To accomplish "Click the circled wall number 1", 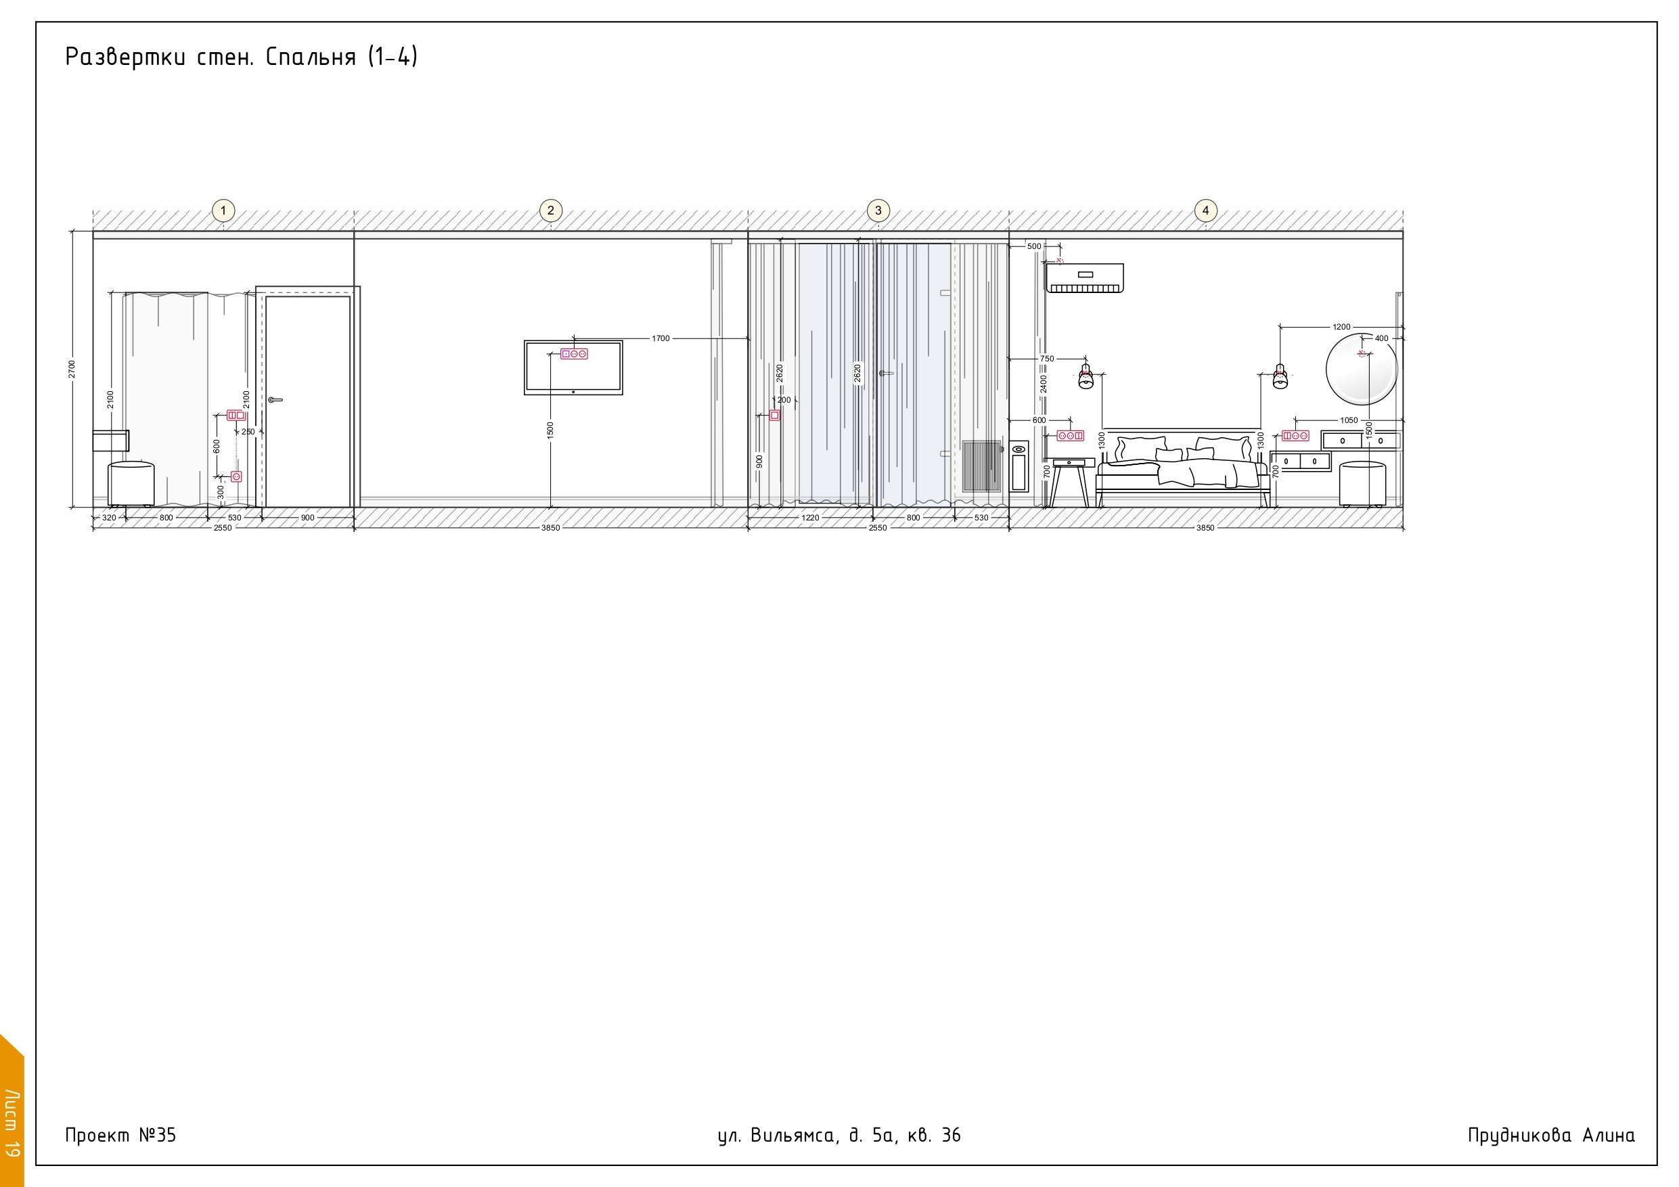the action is (x=223, y=210).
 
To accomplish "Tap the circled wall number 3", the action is (x=878, y=210).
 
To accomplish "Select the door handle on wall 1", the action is (x=275, y=400).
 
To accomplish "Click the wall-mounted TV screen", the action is (x=573, y=367).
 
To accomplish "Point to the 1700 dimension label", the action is (x=661, y=338).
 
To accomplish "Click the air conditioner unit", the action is (x=1084, y=279).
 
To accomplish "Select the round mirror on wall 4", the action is (x=1362, y=369).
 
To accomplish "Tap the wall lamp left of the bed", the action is (x=1086, y=376).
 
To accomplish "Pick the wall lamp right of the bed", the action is (x=1280, y=376).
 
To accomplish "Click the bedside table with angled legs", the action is (x=1069, y=483).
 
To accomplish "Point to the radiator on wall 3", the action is (x=981, y=466).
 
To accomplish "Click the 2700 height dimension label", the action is (x=72, y=369).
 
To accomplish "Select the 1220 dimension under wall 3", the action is (x=810, y=518).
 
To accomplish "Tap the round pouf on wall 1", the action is (x=132, y=484).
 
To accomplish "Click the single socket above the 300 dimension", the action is (x=236, y=477).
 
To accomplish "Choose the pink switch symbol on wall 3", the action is (x=774, y=416).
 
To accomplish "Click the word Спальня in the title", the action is (x=311, y=57).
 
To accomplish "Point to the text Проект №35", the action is (x=120, y=1135).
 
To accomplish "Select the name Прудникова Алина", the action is (x=1551, y=1136).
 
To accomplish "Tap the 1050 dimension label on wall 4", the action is (x=1349, y=420).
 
